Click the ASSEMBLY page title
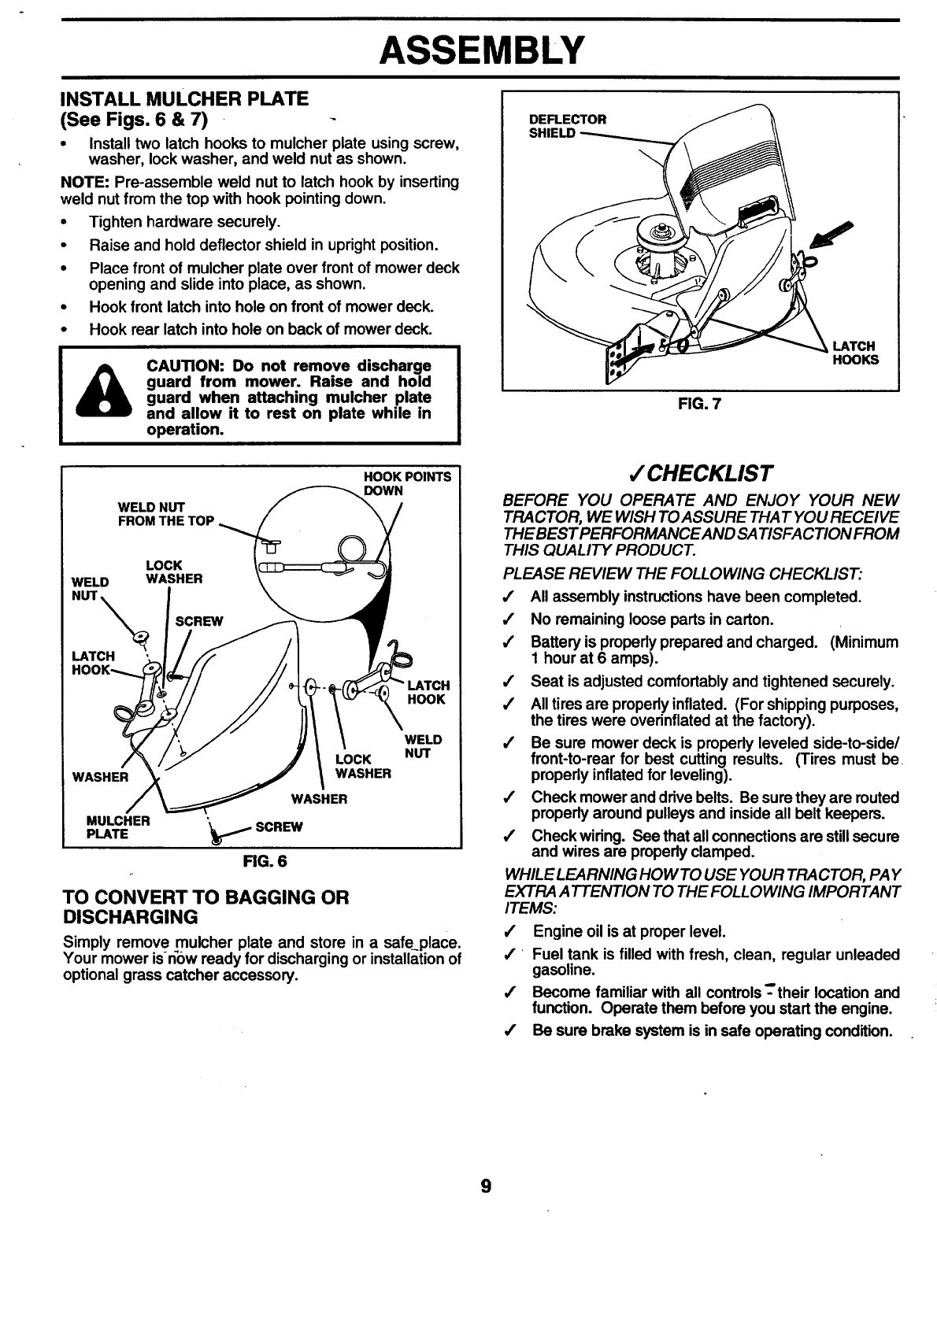click(x=482, y=50)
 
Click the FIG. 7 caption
click(x=699, y=405)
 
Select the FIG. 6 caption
click(x=266, y=861)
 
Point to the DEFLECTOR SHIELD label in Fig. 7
click(x=568, y=126)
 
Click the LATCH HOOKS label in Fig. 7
click(x=855, y=353)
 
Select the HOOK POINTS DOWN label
click(x=407, y=483)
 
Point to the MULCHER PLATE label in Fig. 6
click(x=118, y=827)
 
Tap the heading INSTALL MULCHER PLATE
click(x=185, y=99)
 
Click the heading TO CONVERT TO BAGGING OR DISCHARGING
click(x=205, y=907)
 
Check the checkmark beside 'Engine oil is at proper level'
click(x=513, y=932)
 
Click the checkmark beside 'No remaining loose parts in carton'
click(x=513, y=619)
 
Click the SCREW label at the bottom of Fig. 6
click(x=279, y=827)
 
